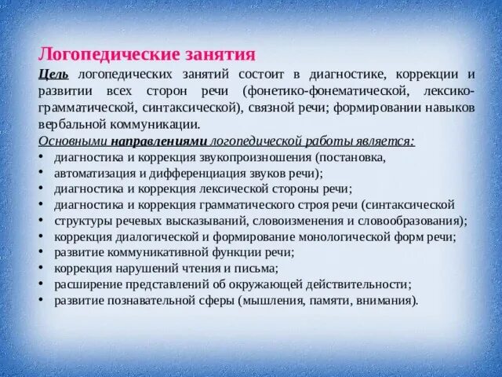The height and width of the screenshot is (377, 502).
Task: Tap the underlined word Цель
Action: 54,74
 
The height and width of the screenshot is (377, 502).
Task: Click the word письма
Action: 238,268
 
